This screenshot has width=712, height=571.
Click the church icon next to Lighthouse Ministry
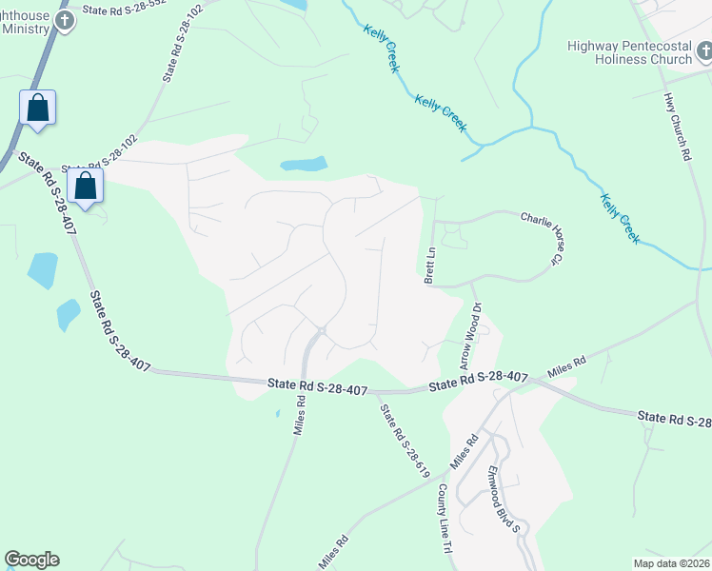click(65, 22)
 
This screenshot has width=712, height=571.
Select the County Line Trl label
click(444, 518)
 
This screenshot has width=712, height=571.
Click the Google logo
click(31, 560)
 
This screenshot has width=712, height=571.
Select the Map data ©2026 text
click(670, 563)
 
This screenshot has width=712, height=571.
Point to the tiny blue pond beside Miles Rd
click(277, 413)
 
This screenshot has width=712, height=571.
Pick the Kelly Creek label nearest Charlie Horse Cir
click(620, 218)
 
